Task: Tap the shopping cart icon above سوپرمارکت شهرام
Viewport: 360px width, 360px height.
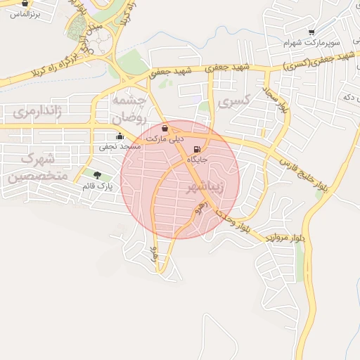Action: coord(311,32)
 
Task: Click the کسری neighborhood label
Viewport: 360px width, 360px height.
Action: coord(234,103)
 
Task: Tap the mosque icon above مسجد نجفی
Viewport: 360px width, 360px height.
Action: coord(119,136)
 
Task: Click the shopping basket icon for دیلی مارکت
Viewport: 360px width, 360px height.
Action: coord(165,129)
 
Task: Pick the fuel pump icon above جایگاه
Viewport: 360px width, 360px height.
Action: coord(196,149)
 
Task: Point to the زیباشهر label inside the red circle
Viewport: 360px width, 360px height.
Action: coord(205,188)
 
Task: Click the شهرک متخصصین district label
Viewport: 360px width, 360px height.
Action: coord(38,165)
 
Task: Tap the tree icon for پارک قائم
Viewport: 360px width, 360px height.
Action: coord(96,175)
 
